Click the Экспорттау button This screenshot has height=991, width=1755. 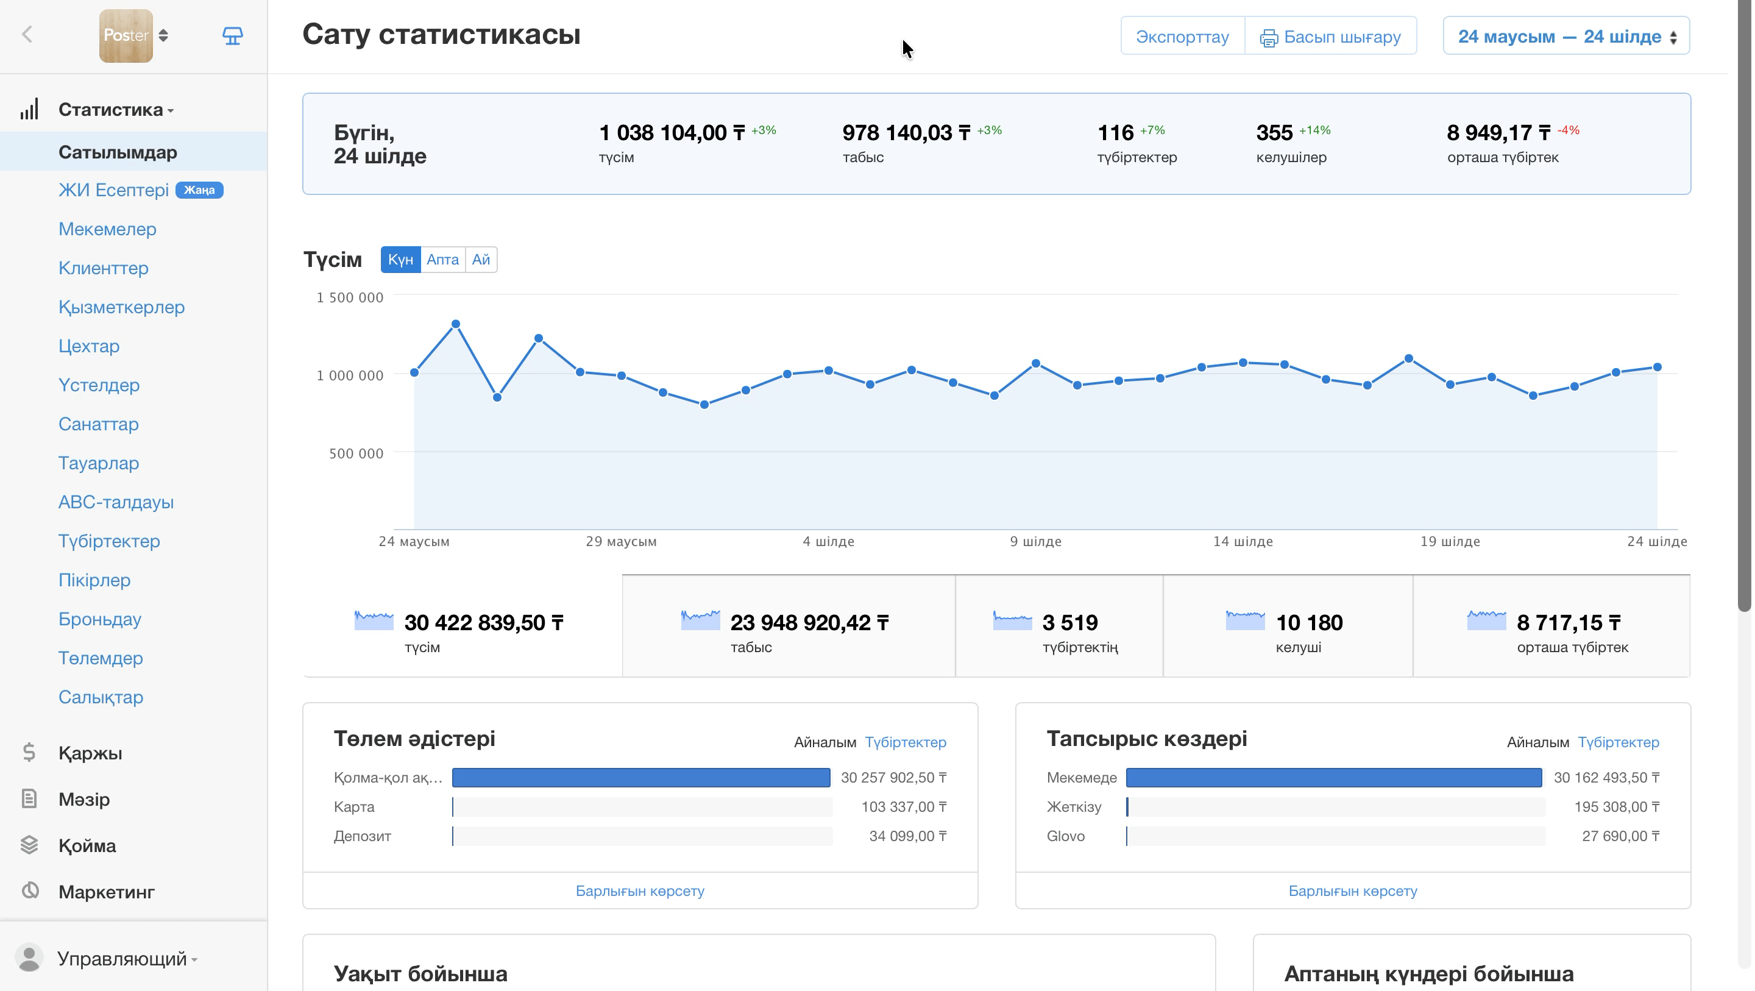pos(1182,36)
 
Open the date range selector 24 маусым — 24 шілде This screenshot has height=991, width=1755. pos(1565,36)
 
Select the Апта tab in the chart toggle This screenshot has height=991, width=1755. pos(442,260)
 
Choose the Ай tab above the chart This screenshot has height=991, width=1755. pos(481,260)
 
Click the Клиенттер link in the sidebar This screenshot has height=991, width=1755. pos(104,268)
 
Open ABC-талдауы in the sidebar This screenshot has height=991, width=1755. pos(116,502)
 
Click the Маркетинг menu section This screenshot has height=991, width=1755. pos(106,892)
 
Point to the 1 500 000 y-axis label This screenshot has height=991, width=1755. pos(350,297)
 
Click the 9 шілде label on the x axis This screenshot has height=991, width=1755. pos(1035,541)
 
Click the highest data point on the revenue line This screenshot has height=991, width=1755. pos(456,324)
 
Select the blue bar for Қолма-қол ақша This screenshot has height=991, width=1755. pos(641,778)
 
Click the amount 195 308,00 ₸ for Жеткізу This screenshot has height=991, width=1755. pos(1617,807)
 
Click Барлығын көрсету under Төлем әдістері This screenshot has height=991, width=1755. pos(640,891)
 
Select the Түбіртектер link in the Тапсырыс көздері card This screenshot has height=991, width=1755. pos(1618,742)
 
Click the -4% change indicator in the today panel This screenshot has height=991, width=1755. pos(1568,130)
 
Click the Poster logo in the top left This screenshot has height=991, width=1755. pos(126,35)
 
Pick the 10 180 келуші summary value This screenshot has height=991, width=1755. pos(1309,622)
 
